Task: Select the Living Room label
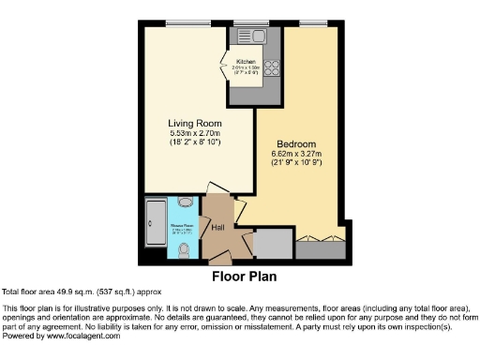click(194, 123)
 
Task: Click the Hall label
click(217, 228)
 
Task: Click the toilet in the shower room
click(184, 247)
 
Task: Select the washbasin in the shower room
click(186, 202)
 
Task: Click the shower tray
click(155, 227)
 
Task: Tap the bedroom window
click(313, 22)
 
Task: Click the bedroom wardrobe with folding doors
click(319, 247)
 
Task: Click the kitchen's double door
click(228, 66)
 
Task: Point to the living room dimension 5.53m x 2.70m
click(194, 135)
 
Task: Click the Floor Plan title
click(240, 277)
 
